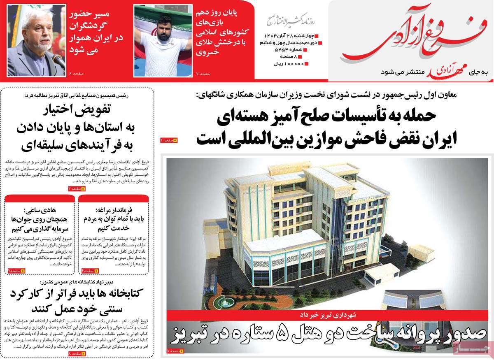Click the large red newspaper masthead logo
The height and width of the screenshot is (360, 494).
(x=412, y=39)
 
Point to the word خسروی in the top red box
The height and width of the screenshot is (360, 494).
(x=208, y=52)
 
